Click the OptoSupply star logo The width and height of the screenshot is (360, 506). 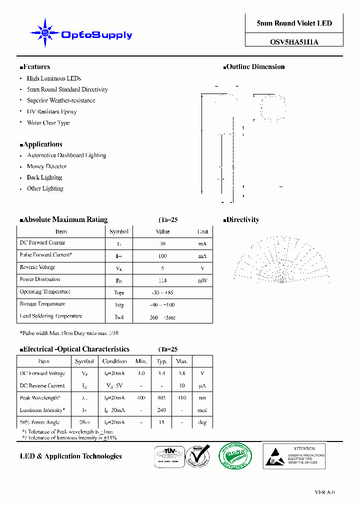tap(45, 33)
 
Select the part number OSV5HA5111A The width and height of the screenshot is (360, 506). tap(294, 42)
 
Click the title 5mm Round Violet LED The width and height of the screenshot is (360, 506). tap(294, 23)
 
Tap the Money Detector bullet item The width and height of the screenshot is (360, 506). tap(46, 166)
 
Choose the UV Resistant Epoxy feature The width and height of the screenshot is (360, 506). tap(51, 111)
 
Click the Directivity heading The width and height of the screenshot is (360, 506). tap(242, 219)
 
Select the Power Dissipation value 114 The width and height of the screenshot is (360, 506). tap(162, 280)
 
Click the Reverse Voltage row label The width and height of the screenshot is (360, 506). tap(37, 267)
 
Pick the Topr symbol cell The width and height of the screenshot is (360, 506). tap(119, 293)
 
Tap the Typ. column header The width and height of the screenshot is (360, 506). tap(161, 361)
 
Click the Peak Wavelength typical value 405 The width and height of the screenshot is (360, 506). tap(161, 398)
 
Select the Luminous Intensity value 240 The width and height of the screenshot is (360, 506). tap(161, 410)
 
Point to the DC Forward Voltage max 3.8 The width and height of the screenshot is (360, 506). tap(182, 373)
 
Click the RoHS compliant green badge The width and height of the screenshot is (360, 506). tap(235, 456)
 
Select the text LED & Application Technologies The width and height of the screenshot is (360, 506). tap(70, 456)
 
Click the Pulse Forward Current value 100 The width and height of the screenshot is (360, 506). tap(162, 256)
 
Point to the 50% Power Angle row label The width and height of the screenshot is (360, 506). tap(40, 422)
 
